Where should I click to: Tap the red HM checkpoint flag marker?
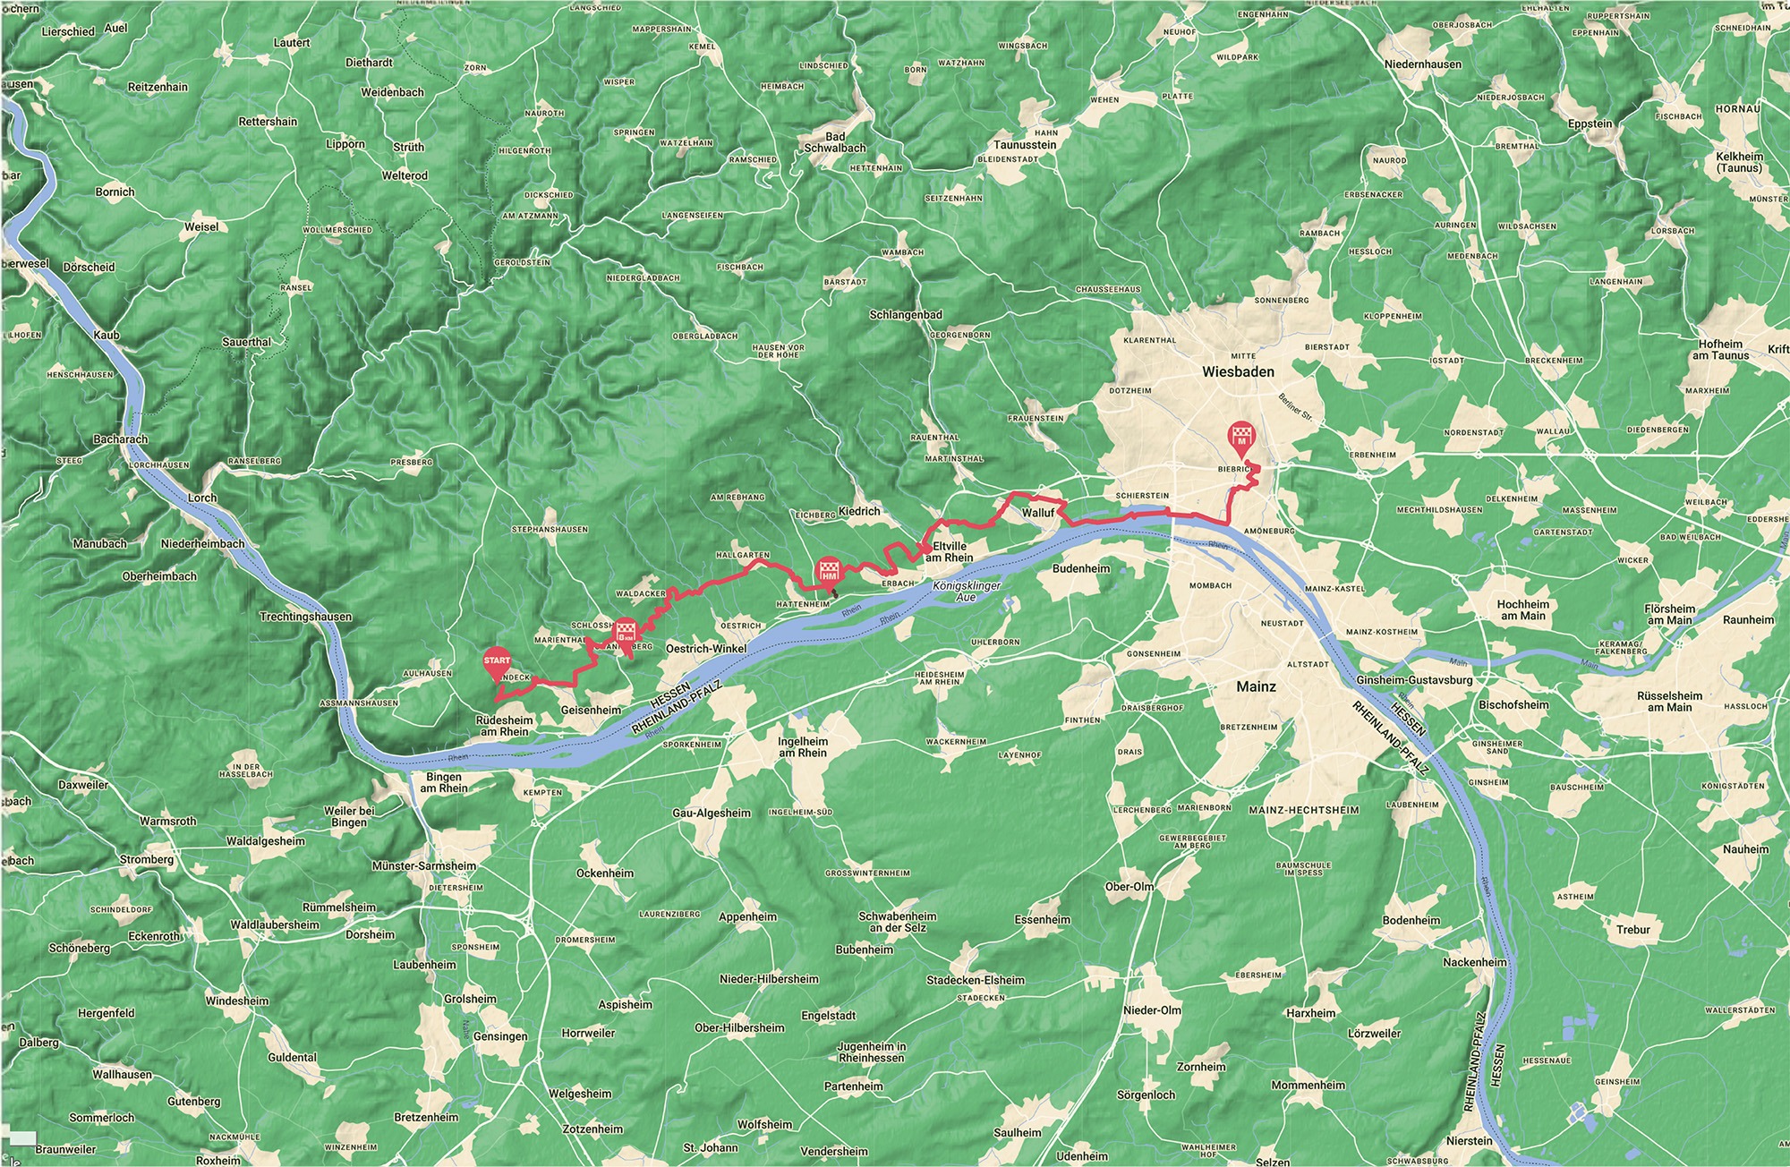[828, 571]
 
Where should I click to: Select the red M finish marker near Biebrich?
[1241, 435]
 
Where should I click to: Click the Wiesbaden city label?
[1239, 371]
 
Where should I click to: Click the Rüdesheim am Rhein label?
[503, 726]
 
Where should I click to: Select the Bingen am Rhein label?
[444, 782]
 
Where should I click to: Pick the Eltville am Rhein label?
[952, 551]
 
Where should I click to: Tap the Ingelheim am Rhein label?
[803, 747]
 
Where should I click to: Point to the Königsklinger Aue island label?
[966, 591]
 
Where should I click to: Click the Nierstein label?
[1469, 1141]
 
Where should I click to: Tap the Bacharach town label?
[120, 439]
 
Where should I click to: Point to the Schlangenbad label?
[905, 316]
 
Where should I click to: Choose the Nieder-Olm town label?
[1152, 1010]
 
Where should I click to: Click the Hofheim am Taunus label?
[1719, 349]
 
